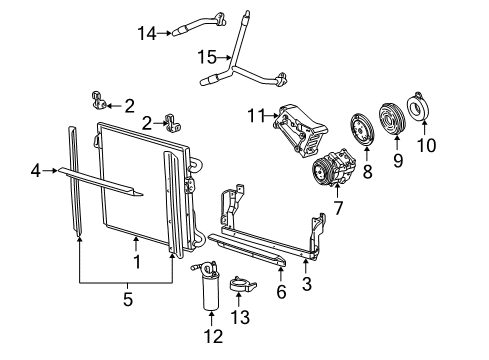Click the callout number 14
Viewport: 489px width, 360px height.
point(147,33)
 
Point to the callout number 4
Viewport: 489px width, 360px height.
point(36,171)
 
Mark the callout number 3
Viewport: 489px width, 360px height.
point(306,284)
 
